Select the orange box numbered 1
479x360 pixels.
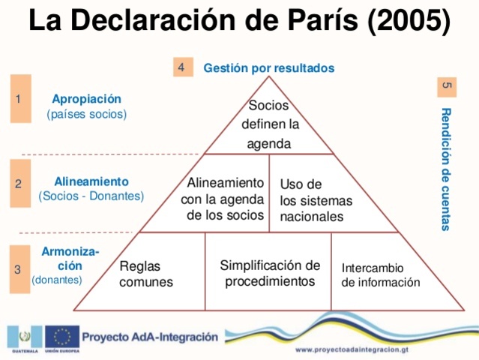[20, 98]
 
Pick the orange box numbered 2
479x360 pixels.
[20, 183]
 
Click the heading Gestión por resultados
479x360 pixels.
[268, 68]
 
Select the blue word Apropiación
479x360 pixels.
[86, 98]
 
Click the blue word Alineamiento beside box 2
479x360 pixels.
[91, 181]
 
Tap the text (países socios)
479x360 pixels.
[86, 115]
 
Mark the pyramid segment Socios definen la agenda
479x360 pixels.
[269, 124]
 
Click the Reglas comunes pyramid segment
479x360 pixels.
[146, 274]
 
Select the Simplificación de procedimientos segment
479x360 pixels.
[268, 273]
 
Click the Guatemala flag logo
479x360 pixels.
[22, 335]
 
